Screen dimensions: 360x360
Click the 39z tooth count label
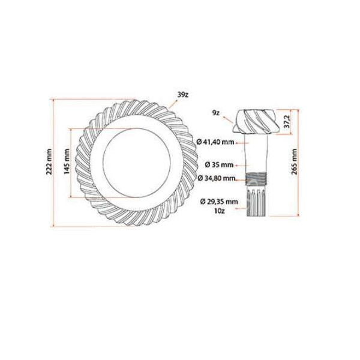[x=184, y=94]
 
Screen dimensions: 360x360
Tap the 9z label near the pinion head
[x=215, y=112]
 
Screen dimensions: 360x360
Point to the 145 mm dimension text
[x=66, y=163]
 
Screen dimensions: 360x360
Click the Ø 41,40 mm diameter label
[x=215, y=142]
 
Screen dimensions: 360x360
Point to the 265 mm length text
[x=294, y=163]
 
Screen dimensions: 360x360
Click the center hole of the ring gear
[x=139, y=163]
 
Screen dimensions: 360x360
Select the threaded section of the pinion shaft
[x=256, y=178]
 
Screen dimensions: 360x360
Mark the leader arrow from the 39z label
[x=174, y=103]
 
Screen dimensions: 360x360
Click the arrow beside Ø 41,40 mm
[x=244, y=143]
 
